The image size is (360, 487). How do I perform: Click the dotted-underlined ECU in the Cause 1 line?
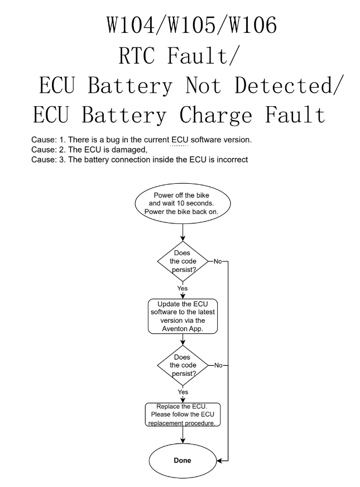[x=179, y=140]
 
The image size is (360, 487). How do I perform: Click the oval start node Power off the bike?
[x=183, y=203]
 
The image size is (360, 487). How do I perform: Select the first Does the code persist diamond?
[x=183, y=260]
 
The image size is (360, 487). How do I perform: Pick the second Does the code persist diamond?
[x=183, y=365]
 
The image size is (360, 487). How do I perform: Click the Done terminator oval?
[x=183, y=461]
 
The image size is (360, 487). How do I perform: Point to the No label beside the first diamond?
[x=218, y=260]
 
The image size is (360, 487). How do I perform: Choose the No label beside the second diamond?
[x=218, y=365]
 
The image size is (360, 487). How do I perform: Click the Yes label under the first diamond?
[x=183, y=288]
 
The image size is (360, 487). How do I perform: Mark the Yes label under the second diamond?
[x=183, y=392]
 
